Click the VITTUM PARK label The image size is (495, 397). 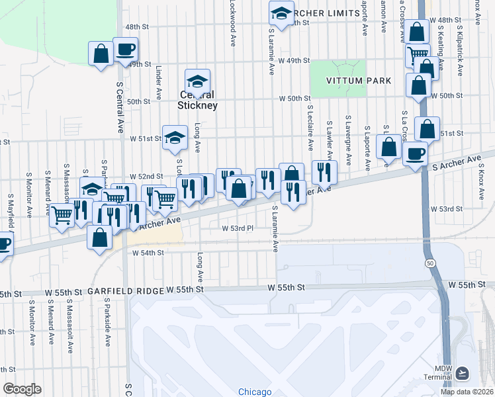point(358,81)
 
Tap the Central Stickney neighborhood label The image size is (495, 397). point(197,100)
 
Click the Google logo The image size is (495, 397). point(22,389)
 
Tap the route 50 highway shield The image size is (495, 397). point(430,263)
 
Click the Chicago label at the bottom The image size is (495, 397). point(255,392)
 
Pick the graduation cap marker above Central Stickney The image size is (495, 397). point(197,82)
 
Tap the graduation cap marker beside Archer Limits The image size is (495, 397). point(281,13)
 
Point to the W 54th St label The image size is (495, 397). point(148,253)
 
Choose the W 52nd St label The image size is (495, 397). point(146,177)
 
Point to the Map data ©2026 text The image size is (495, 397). point(466,392)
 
